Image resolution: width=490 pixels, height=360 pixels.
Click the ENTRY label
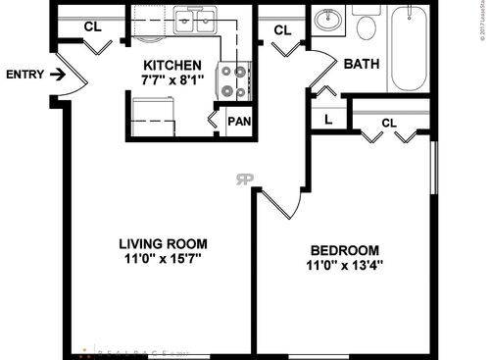tap(24, 75)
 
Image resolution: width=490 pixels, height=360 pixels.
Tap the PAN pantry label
tap(238, 123)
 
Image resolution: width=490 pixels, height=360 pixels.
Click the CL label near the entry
tap(92, 26)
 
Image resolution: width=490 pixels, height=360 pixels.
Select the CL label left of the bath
tap(282, 30)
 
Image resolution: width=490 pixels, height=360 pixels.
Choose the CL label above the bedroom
tap(388, 124)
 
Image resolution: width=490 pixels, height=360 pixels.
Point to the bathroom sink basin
tap(330, 19)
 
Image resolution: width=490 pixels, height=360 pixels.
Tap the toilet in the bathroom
tap(367, 24)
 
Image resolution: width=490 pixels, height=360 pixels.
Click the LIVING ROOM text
tap(164, 244)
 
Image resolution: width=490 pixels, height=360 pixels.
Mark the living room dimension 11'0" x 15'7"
tap(164, 261)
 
